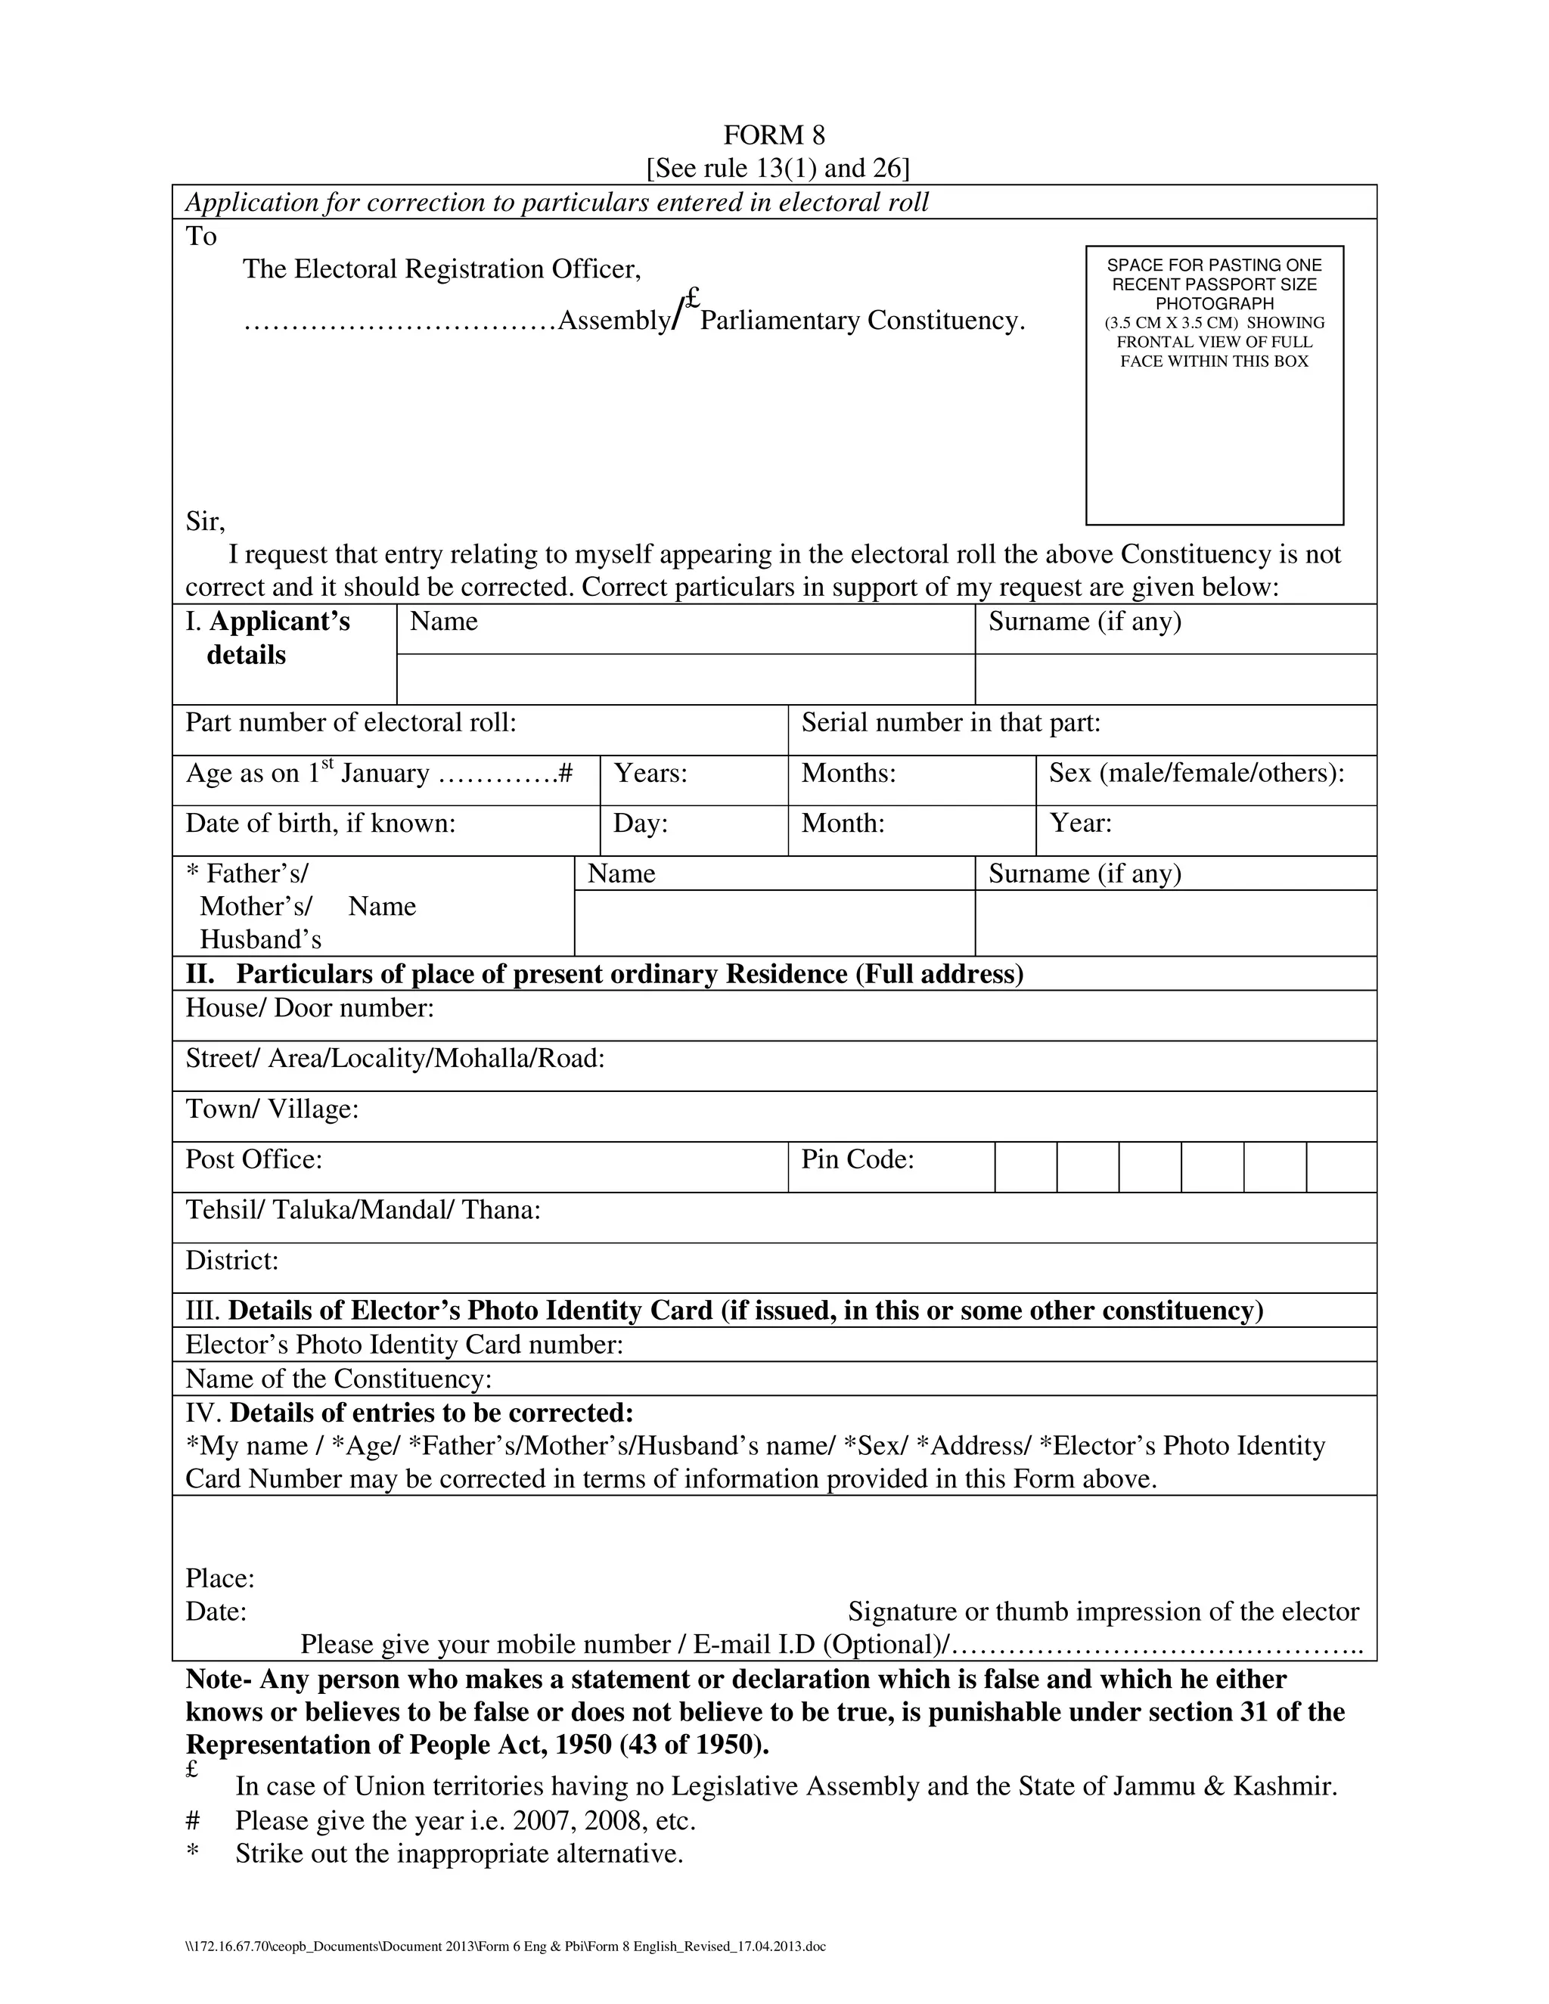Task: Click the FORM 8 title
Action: (x=774, y=136)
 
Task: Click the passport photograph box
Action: (x=1214, y=386)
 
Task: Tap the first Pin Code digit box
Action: (x=1025, y=1167)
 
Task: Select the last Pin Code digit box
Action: (x=1341, y=1167)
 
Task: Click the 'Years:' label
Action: (x=650, y=774)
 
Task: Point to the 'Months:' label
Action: (x=848, y=774)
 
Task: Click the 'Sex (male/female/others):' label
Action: (x=1197, y=774)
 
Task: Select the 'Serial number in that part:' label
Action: (x=951, y=723)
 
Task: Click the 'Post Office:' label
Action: (x=254, y=1160)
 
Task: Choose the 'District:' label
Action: (x=232, y=1261)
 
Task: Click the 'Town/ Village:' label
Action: (x=272, y=1109)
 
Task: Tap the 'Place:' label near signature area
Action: (x=219, y=1578)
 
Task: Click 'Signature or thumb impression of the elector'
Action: (x=1103, y=1612)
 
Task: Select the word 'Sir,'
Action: (x=206, y=521)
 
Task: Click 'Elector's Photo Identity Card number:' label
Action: (x=404, y=1345)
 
